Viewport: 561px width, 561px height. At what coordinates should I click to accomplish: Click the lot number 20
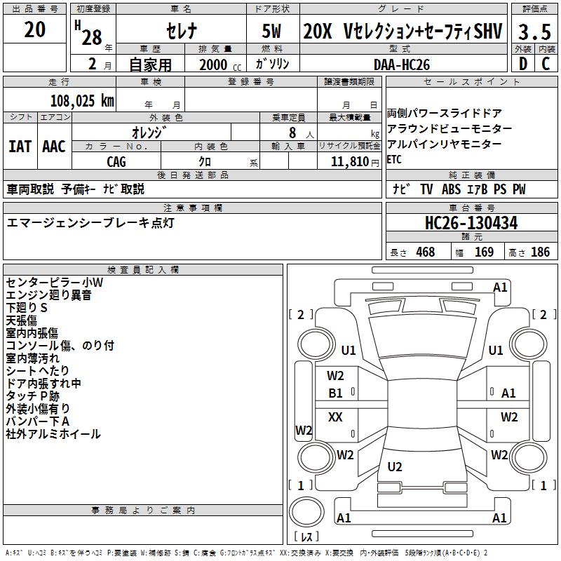coord(35,29)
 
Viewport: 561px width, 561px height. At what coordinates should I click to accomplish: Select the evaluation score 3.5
coord(534,32)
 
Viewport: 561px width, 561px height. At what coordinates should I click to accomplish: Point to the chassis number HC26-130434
coord(471,224)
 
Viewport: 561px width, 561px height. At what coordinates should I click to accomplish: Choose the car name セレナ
coord(182,32)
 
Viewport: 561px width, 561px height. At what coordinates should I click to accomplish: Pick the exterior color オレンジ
coord(151,132)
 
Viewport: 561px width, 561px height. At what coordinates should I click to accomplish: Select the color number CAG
coord(116,162)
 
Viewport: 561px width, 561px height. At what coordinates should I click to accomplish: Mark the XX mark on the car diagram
coord(335,417)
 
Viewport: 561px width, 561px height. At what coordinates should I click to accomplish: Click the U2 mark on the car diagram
coord(395,466)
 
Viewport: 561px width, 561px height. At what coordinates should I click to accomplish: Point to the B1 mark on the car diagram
coord(336,393)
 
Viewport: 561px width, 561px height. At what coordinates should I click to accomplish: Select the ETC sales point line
coord(394,159)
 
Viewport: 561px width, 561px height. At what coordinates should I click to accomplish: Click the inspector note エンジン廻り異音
coord(48,295)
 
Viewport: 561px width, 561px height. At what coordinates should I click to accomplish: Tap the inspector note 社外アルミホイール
coord(53,434)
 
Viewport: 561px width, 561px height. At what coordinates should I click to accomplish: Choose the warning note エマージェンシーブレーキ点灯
coord(90,223)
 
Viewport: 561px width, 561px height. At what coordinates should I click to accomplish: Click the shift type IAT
coord(20,146)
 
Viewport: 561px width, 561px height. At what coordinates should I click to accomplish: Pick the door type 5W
coord(272,32)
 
